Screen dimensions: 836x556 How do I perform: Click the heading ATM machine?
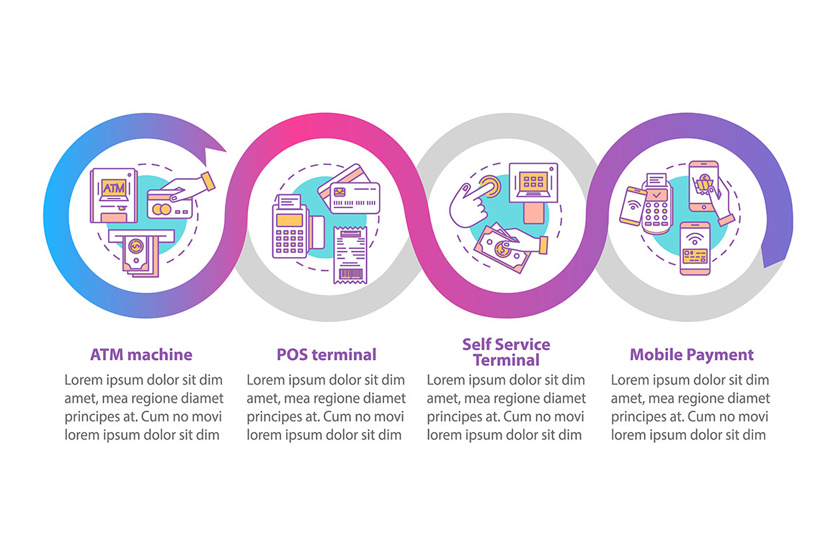click(141, 354)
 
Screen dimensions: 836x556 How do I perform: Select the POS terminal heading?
click(326, 354)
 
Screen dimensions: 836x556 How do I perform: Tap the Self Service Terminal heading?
click(507, 352)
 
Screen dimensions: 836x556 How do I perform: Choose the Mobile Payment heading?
click(692, 354)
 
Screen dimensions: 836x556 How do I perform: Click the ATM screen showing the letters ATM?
click(114, 188)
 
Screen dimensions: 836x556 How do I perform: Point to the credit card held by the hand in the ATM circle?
click(169, 205)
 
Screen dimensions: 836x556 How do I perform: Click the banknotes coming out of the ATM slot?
click(141, 256)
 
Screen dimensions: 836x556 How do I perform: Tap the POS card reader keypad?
click(290, 241)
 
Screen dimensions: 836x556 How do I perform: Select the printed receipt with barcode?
click(350, 255)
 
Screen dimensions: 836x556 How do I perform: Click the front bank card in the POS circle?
click(355, 197)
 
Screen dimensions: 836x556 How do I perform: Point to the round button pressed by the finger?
click(489, 187)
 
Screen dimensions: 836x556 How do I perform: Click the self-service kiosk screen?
click(533, 182)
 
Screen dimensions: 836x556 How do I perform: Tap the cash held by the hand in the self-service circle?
click(502, 248)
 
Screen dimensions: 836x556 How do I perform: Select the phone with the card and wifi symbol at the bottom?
click(695, 248)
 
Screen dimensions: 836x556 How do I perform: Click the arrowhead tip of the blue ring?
click(226, 152)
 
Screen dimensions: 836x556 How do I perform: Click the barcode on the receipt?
click(351, 275)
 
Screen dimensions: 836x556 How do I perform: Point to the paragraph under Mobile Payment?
click(690, 408)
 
